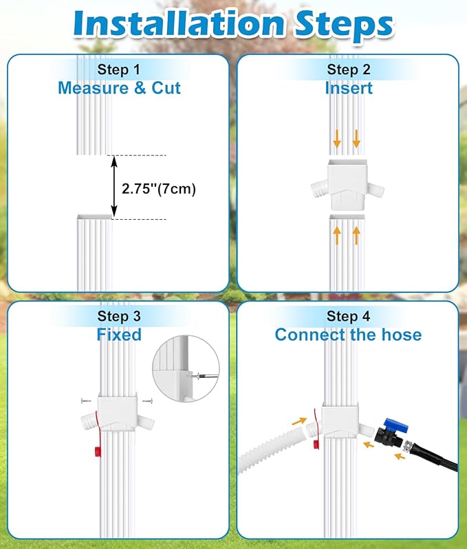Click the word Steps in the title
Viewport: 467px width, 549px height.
[345, 25]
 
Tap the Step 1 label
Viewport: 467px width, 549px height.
[119, 69]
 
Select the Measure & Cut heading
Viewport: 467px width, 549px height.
[119, 88]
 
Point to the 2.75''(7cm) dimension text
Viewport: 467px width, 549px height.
[159, 189]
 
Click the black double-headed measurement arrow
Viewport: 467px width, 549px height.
[114, 187]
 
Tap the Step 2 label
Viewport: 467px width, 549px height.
[349, 69]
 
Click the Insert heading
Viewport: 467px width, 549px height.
[349, 88]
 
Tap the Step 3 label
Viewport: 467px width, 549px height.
[119, 316]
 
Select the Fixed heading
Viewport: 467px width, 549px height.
[119, 335]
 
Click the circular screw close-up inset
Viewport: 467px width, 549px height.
[186, 368]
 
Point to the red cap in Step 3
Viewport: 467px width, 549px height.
[97, 451]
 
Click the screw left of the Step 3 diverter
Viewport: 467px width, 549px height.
[86, 401]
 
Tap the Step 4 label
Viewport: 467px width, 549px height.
[348, 316]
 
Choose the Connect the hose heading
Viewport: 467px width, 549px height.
[348, 335]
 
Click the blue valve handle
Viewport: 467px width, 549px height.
[396, 425]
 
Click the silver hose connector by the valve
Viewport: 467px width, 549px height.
[408, 446]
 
